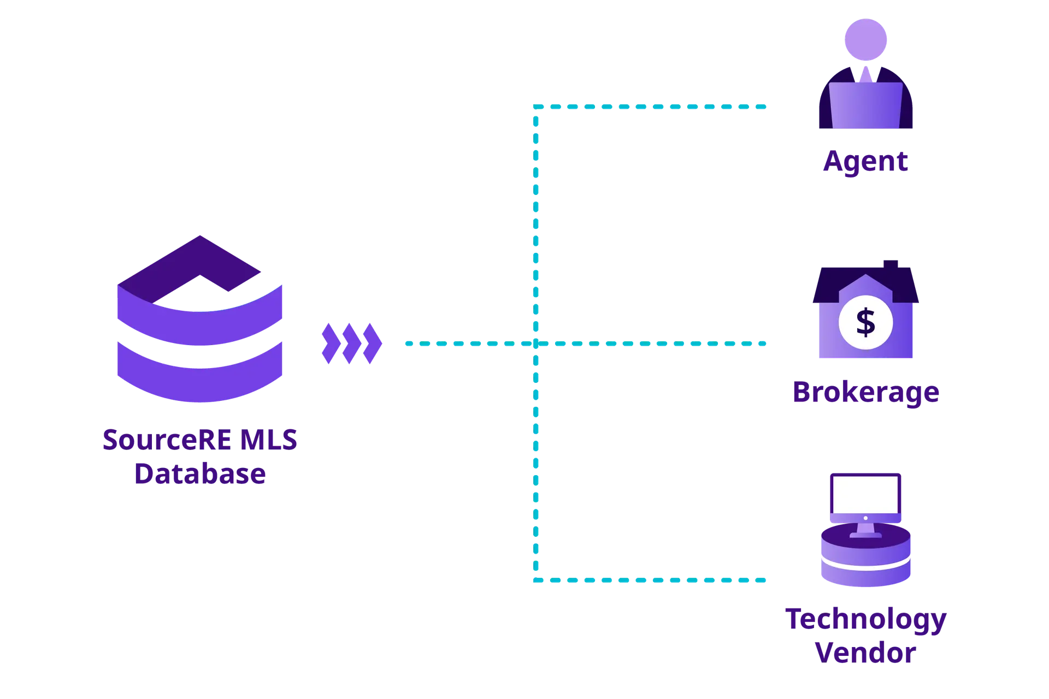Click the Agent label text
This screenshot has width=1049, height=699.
pyautogui.click(x=865, y=162)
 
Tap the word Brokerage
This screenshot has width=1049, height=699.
pyautogui.click(x=865, y=393)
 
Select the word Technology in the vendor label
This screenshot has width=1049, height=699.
pyautogui.click(x=865, y=620)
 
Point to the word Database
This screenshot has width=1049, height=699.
pyautogui.click(x=200, y=473)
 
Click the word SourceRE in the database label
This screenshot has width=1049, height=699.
pyautogui.click(x=158, y=440)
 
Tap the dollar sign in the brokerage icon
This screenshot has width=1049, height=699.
pyautogui.click(x=865, y=322)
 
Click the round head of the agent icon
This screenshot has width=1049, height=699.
pyautogui.click(x=867, y=39)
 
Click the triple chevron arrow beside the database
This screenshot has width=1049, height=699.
pyautogui.click(x=351, y=344)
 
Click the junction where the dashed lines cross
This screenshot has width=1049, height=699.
pyautogui.click(x=535, y=343)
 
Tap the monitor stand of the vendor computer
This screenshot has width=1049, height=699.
pyautogui.click(x=865, y=529)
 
